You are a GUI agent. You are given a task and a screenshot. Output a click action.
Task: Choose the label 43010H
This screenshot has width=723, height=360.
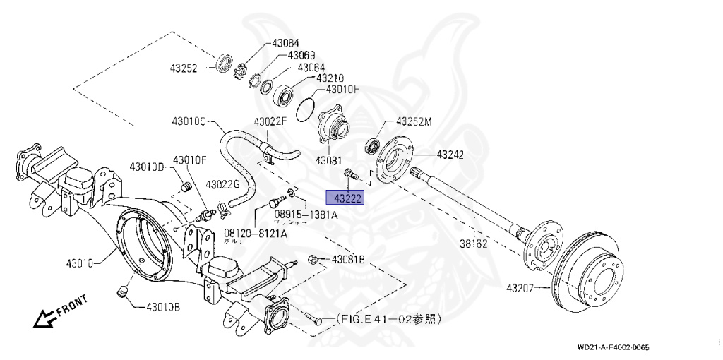click(x=342, y=90)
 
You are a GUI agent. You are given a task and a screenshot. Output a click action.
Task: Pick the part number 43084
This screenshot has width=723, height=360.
click(x=286, y=43)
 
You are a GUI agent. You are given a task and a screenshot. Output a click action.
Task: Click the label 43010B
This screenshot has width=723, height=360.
click(x=163, y=307)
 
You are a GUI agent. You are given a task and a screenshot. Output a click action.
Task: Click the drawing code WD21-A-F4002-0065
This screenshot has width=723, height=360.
click(x=612, y=347)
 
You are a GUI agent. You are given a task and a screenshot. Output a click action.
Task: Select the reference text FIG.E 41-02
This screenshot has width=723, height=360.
click(x=388, y=320)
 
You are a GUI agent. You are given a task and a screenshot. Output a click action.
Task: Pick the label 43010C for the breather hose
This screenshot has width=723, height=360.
click(x=187, y=121)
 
